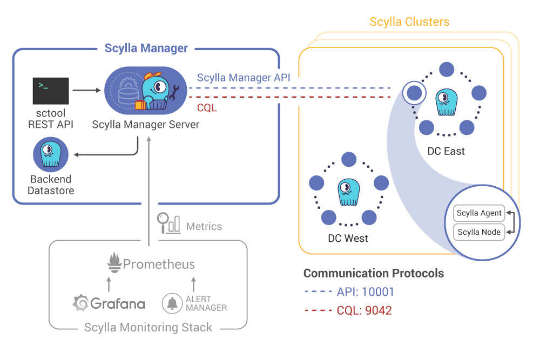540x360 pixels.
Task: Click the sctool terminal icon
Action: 51,91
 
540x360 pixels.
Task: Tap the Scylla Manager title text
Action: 146,48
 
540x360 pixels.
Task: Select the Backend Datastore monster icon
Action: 51,154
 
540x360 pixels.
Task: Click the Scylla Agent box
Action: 479,213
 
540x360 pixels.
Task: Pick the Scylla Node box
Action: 479,233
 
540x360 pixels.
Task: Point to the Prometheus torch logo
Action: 113,263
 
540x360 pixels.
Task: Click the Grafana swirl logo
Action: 81,303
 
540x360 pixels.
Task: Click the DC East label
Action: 446,151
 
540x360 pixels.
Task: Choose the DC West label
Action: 348,238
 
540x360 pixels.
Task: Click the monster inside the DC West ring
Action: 348,192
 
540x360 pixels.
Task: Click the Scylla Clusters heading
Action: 409,22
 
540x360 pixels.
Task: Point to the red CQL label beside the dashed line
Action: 207,108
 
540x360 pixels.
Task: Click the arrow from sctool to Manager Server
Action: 86,90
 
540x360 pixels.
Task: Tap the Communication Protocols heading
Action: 374,273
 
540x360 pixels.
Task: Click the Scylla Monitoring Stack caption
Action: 148,327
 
